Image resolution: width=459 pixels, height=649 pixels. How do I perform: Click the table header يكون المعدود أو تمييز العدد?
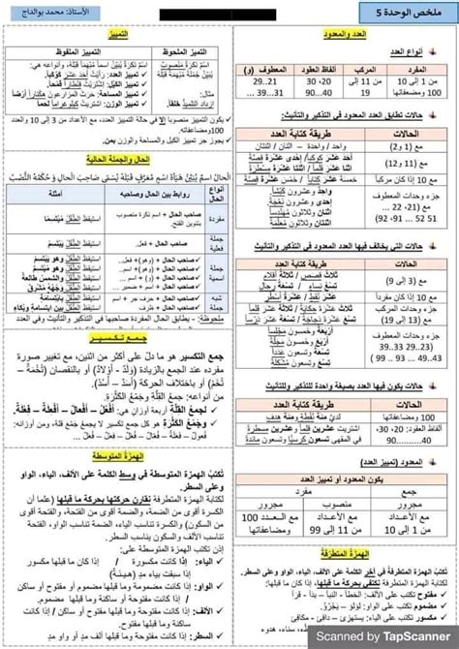point(348,452)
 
